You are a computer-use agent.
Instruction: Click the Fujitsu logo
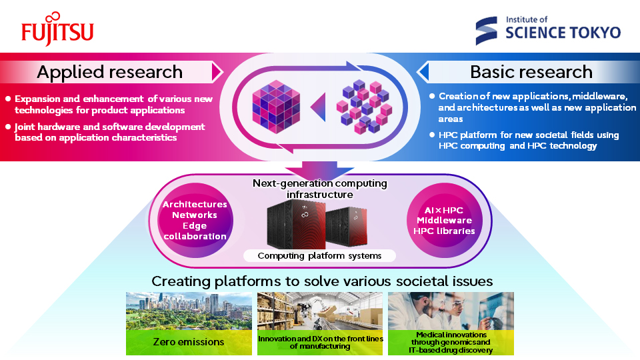[x=57, y=31]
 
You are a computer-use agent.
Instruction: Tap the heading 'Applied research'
[x=109, y=72]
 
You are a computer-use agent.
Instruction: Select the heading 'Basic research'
[x=531, y=72]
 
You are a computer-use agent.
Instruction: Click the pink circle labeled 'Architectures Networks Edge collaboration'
[x=195, y=221]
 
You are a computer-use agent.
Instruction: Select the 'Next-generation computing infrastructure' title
[x=319, y=189]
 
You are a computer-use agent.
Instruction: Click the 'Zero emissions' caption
[x=189, y=343]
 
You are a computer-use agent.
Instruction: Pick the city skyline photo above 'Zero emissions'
[x=189, y=311]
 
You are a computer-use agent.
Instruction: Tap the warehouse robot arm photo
[x=320, y=311]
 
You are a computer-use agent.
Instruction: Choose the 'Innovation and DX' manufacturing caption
[x=320, y=343]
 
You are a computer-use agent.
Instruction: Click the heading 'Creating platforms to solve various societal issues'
[x=320, y=281]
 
